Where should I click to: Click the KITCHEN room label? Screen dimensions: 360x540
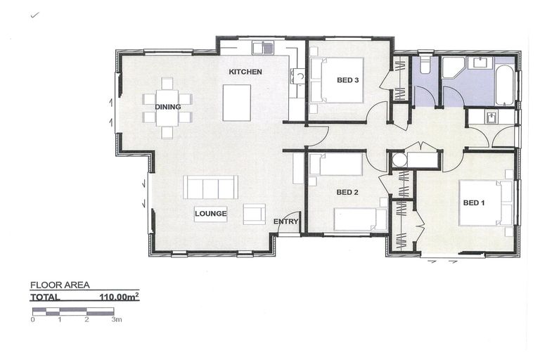245,72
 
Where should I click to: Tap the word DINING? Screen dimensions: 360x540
167,107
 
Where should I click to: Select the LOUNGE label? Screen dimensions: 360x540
210,213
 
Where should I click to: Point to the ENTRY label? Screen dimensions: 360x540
285,221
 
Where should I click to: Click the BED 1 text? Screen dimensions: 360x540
474,202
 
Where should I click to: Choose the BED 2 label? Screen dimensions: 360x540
347,192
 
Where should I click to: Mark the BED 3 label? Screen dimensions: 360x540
348,80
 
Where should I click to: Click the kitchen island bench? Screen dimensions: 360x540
236,103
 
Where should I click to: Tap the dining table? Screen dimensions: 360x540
167,108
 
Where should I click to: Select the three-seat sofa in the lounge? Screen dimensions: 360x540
210,187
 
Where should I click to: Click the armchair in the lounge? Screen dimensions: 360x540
254,214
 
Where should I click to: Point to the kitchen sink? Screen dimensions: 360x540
266,49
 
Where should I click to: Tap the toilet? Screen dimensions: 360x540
425,66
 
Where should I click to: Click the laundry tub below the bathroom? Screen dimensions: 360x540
492,117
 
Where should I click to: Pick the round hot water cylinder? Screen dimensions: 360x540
399,160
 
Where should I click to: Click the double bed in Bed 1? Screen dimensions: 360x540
484,203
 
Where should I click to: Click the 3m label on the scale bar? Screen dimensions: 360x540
116,319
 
